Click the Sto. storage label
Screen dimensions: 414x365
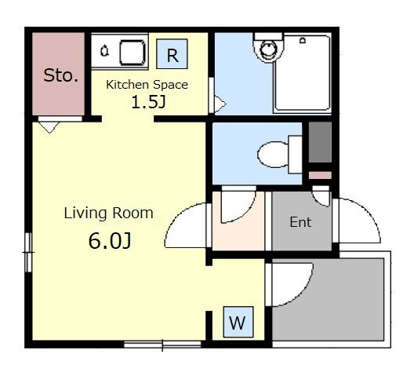[60, 75]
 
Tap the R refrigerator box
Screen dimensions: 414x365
[172, 54]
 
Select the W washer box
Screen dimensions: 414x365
[238, 322]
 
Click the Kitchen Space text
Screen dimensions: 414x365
[147, 85]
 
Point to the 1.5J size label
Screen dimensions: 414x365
[148, 102]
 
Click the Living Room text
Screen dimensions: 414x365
[108, 213]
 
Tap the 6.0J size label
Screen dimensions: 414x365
[110, 241]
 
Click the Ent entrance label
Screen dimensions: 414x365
[300, 222]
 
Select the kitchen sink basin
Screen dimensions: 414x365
[133, 52]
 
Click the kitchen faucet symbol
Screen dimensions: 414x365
[105, 50]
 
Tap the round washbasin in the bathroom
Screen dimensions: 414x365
[268, 49]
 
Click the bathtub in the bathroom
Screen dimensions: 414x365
[302, 73]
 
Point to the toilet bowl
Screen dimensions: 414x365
[273, 155]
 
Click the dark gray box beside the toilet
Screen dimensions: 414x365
[320, 142]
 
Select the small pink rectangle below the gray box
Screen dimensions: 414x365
[320, 175]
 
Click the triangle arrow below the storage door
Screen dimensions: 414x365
[49, 127]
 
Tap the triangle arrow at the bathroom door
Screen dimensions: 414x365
[220, 104]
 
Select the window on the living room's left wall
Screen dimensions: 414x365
[28, 252]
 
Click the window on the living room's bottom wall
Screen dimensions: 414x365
[162, 345]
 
